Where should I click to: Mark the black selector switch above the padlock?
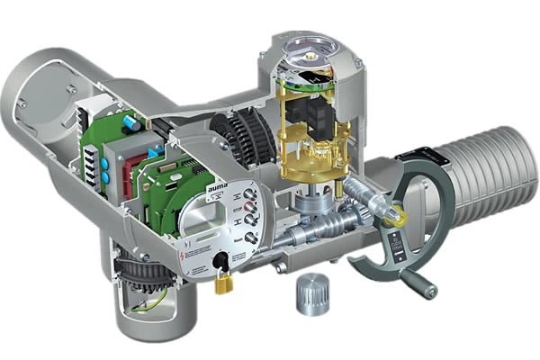tap(218, 261)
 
